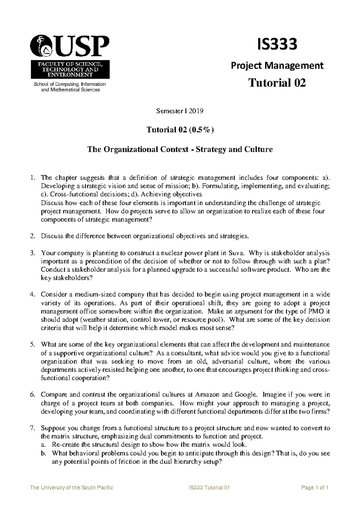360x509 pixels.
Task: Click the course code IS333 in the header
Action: (277, 44)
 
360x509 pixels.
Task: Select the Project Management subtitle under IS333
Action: (277, 65)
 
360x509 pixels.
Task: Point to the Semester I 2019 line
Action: (180, 111)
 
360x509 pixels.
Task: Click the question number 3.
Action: (33, 253)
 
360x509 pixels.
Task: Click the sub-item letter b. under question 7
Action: (43, 453)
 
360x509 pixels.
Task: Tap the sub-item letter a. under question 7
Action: (43, 445)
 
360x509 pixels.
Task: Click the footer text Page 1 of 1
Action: (315, 488)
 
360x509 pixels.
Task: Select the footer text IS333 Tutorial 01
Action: (208, 488)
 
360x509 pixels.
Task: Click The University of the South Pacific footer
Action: (71, 488)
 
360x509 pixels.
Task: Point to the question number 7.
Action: (33, 428)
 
